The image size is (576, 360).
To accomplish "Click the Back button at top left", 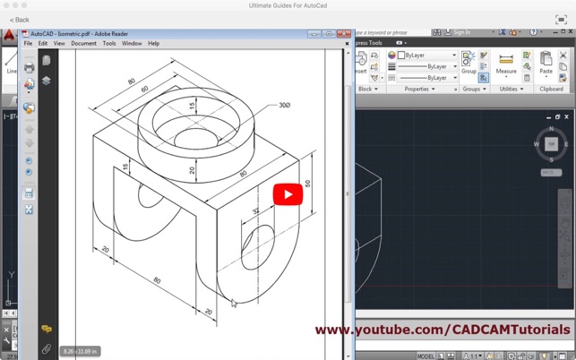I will point(20,20).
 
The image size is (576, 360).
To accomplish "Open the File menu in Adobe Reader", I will point(28,43).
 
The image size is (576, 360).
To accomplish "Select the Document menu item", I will point(83,43).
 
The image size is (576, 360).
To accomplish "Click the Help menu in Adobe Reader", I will point(153,43).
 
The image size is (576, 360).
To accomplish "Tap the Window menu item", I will point(132,43).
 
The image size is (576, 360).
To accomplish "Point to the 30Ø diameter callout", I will point(284,106).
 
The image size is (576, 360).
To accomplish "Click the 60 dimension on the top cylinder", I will point(144,90).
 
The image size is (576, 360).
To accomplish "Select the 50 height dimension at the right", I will point(308,184).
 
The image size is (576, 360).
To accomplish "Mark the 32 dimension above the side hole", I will point(255,211).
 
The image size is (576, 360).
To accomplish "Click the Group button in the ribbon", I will point(469,64).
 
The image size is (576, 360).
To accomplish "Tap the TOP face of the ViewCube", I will point(551,144).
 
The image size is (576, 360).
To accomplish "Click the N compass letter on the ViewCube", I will point(551,129).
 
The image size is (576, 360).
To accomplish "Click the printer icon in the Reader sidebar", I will point(30,67).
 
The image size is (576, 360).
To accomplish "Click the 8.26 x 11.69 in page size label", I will point(80,351).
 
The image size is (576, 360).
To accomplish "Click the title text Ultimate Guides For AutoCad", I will point(288,5).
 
